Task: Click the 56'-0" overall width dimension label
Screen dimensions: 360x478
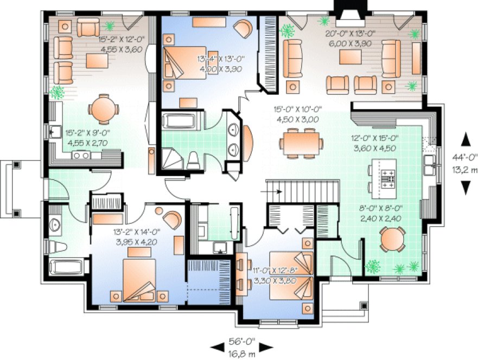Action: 242,342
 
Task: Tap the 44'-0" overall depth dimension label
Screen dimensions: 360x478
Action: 466,158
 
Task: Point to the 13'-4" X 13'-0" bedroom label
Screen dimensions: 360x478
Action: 218,60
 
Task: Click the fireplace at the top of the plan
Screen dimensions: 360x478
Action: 349,9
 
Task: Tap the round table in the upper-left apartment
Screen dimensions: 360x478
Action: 103,108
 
